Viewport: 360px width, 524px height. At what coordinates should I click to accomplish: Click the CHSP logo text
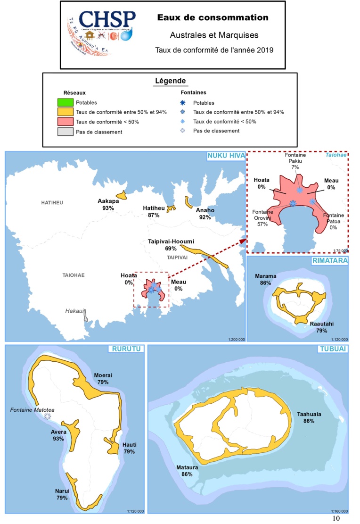pyautogui.click(x=107, y=20)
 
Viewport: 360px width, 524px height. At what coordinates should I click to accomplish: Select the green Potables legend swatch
pyautogui.click(x=65, y=102)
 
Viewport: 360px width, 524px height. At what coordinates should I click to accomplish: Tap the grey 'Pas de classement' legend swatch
pyautogui.click(x=65, y=132)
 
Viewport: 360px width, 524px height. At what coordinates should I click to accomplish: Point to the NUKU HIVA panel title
pyautogui.click(x=224, y=156)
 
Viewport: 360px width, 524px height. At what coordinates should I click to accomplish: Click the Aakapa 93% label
pyautogui.click(x=108, y=204)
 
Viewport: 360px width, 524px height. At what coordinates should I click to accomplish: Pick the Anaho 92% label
pyautogui.click(x=205, y=214)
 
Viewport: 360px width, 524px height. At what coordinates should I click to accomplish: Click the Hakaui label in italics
pyautogui.click(x=74, y=311)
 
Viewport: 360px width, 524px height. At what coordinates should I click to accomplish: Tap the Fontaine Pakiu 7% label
pyautogui.click(x=295, y=161)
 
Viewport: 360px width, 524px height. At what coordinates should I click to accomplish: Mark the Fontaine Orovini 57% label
pyautogui.click(x=262, y=218)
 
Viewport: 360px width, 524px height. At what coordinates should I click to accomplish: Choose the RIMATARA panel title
pyautogui.click(x=330, y=260)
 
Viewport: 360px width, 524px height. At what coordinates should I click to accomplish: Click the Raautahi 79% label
pyautogui.click(x=322, y=327)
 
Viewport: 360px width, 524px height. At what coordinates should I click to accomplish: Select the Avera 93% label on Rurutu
pyautogui.click(x=59, y=435)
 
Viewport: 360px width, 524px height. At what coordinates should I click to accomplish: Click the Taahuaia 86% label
pyautogui.click(x=309, y=417)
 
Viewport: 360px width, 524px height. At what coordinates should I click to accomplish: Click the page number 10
pyautogui.click(x=336, y=518)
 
